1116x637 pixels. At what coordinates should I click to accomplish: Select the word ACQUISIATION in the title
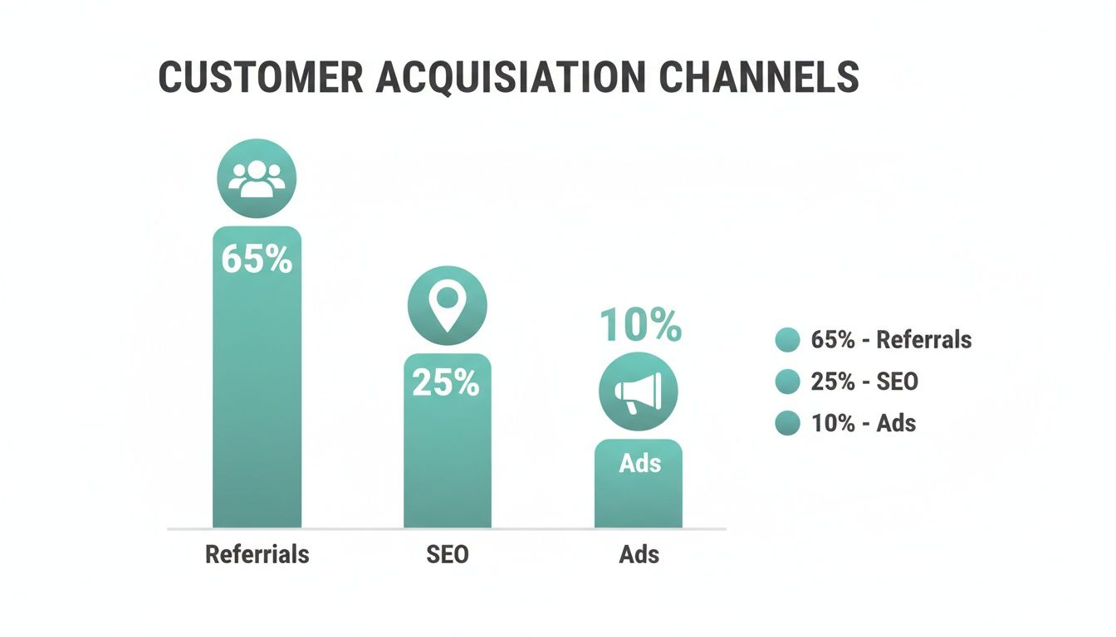(x=511, y=77)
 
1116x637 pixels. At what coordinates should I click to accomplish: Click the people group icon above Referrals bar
(x=257, y=179)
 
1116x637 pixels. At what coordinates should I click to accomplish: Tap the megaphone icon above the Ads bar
(x=639, y=391)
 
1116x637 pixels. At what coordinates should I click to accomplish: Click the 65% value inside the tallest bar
(x=257, y=259)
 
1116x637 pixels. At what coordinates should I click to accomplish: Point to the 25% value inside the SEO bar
(x=446, y=382)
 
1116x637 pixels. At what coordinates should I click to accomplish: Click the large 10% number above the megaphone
(x=640, y=325)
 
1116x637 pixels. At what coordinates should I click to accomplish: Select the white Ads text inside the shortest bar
(x=639, y=464)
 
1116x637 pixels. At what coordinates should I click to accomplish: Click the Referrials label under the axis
(x=257, y=554)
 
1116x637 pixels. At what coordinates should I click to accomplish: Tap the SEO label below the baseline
(x=448, y=554)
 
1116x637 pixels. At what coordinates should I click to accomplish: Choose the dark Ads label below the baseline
(x=639, y=554)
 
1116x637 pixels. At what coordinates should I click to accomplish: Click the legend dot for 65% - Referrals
(x=786, y=340)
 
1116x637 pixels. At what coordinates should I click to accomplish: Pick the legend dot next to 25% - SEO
(x=786, y=382)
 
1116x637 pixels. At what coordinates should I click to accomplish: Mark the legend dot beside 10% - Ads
(x=786, y=423)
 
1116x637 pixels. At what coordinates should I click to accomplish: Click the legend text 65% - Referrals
(x=891, y=339)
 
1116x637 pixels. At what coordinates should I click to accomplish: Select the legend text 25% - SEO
(x=864, y=382)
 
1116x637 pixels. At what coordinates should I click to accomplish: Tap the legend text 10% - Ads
(x=863, y=423)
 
